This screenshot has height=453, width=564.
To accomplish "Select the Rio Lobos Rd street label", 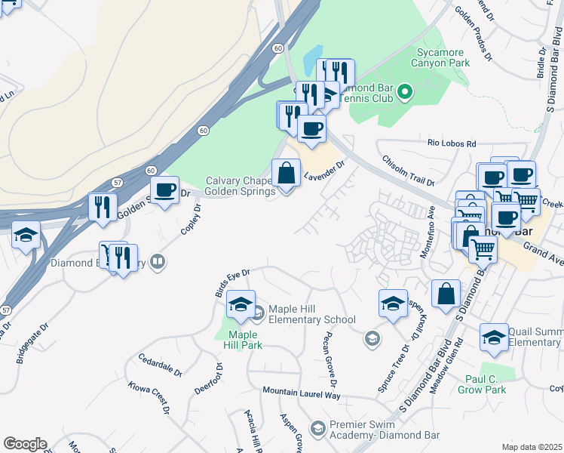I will (x=452, y=143).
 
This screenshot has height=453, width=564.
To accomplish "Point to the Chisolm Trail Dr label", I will (x=409, y=171).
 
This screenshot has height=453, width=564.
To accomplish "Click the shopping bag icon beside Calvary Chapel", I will (x=287, y=174).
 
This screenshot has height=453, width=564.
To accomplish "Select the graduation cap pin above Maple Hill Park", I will (x=241, y=306).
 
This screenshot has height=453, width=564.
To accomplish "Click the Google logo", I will (x=25, y=444).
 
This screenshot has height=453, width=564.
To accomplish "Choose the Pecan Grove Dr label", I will (x=330, y=356).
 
